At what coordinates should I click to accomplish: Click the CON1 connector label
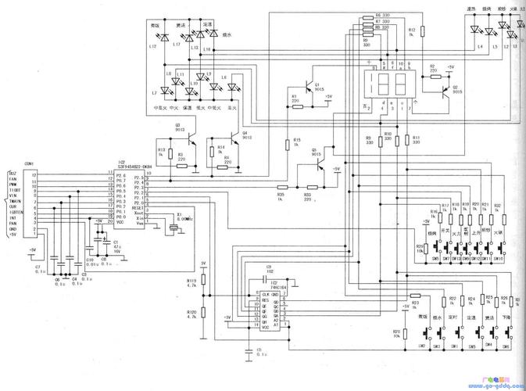[29, 163]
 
